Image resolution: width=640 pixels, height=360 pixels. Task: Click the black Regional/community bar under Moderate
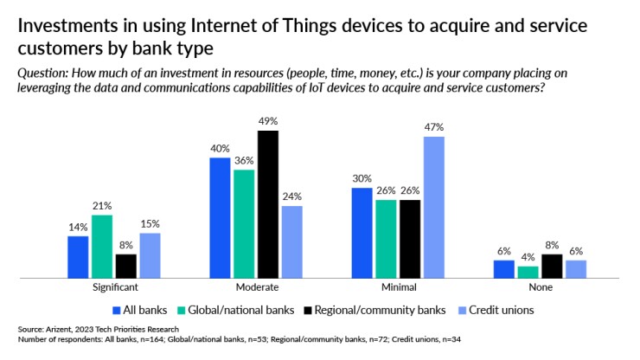pos(268,204)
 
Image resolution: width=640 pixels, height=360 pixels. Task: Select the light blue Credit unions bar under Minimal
pos(433,208)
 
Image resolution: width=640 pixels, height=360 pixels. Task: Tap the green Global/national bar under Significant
pos(102,247)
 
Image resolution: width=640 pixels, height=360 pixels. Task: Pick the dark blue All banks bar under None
pos(503,269)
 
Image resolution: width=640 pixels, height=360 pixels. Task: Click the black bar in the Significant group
pos(126,266)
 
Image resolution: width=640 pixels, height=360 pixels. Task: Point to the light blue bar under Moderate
pos(292,241)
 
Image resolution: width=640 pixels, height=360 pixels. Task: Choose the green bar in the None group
pos(528,273)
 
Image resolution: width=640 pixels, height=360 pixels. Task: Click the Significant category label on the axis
pos(114,287)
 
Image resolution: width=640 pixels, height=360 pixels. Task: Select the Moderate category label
pos(256,287)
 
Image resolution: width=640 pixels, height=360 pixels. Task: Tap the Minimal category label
pos(398,287)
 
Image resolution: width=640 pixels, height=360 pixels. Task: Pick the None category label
pos(540,287)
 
